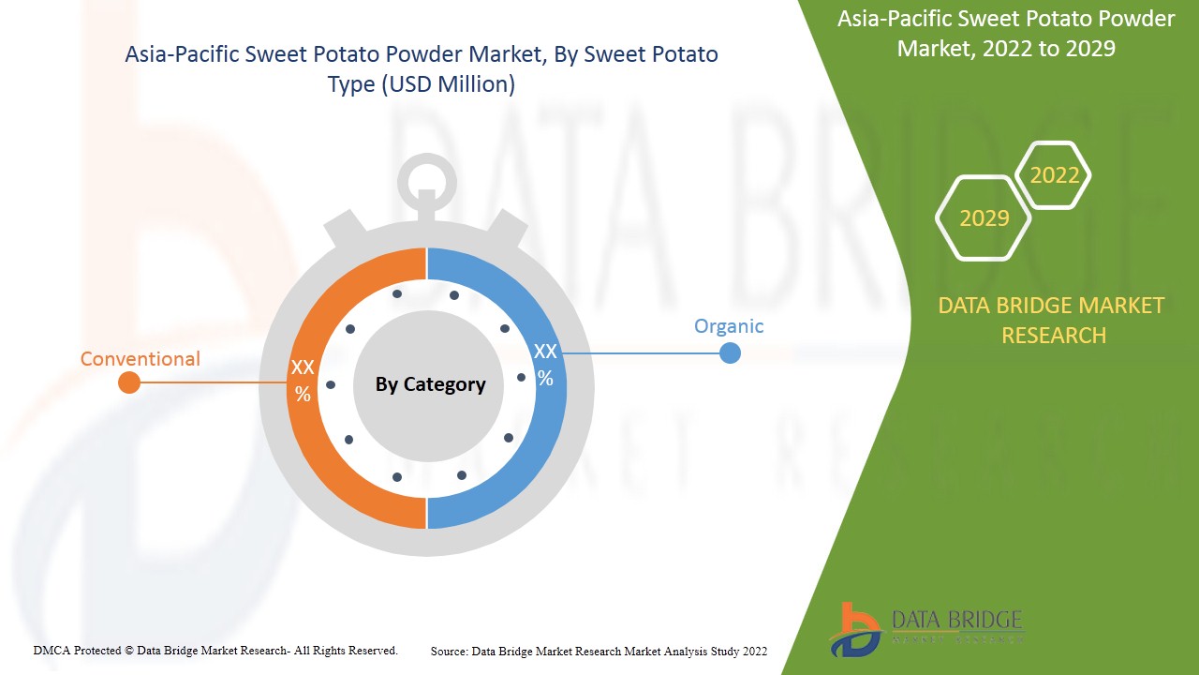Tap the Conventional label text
point(141,359)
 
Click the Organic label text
point(729,326)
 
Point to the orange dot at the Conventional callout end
point(129,382)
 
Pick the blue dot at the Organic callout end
point(730,353)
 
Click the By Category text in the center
point(430,384)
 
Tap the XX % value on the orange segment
point(303,380)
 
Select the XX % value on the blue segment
point(545,365)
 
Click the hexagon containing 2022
point(1054,175)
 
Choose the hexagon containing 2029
point(984,218)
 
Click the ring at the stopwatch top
point(427,178)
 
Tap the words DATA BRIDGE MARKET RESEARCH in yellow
point(1051,320)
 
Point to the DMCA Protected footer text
point(215,650)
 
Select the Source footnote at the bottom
point(599,651)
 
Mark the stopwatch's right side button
point(510,228)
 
